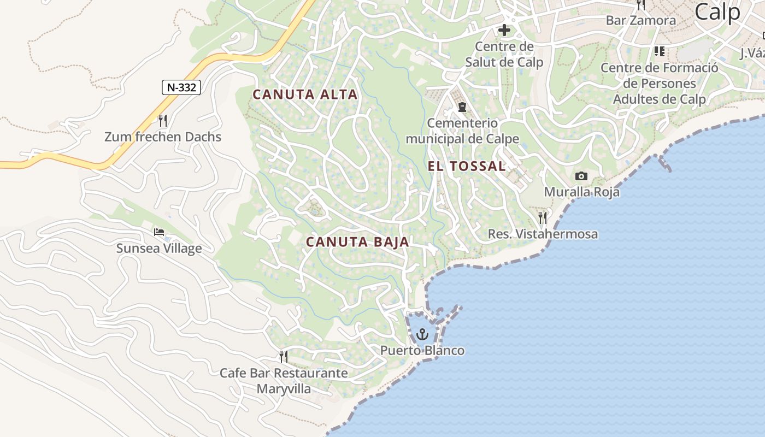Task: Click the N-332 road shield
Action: point(181,87)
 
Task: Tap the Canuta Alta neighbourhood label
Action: point(305,95)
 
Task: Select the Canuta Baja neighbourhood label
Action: point(357,242)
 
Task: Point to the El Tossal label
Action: point(467,167)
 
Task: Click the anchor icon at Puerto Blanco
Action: point(422,334)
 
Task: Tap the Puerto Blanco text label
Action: point(422,351)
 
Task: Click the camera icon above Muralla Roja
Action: point(581,176)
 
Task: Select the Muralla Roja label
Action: point(581,192)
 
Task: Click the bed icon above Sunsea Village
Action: point(159,233)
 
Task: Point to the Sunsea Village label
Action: point(159,249)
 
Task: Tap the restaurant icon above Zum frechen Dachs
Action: point(162,120)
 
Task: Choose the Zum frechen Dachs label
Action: point(163,137)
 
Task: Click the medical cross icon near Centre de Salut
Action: point(504,30)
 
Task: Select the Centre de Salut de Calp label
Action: point(504,54)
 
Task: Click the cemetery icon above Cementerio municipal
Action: point(462,107)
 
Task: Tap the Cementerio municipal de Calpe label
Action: point(462,131)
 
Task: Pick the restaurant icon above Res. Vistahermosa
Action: point(542,218)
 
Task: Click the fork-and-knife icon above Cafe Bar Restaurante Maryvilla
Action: point(283,357)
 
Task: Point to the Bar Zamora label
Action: point(640,21)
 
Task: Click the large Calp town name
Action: point(717,12)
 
